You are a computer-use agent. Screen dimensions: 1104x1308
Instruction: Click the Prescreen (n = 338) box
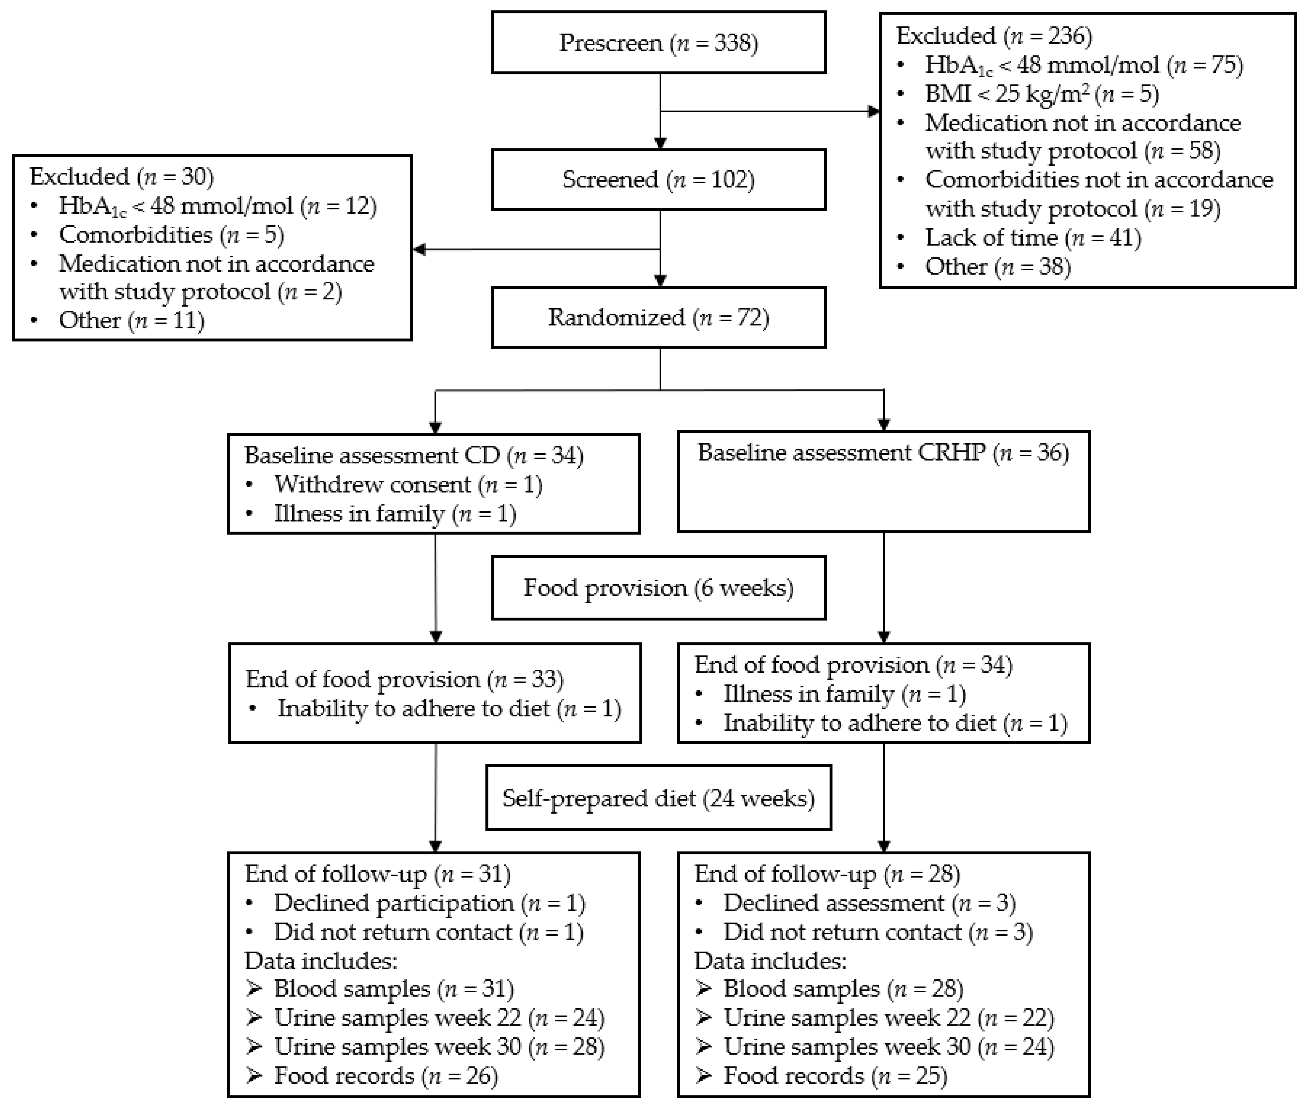click(658, 43)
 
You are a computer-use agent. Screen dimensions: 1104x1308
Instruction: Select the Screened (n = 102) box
click(658, 180)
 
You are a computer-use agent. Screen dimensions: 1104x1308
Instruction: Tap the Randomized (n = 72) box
click(658, 317)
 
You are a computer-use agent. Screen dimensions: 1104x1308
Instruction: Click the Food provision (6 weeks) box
click(658, 588)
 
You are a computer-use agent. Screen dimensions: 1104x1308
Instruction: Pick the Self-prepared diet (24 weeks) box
click(658, 798)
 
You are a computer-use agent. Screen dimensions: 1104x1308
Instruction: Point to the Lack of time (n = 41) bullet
click(1033, 238)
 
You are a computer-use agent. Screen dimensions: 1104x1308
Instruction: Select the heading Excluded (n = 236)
click(994, 36)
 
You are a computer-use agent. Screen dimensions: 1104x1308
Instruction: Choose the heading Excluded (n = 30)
click(121, 177)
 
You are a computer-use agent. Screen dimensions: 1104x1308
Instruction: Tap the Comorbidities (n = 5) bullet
click(171, 235)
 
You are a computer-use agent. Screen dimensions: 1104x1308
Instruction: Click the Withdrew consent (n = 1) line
click(407, 485)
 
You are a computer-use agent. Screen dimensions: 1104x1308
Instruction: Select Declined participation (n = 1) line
click(429, 903)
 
